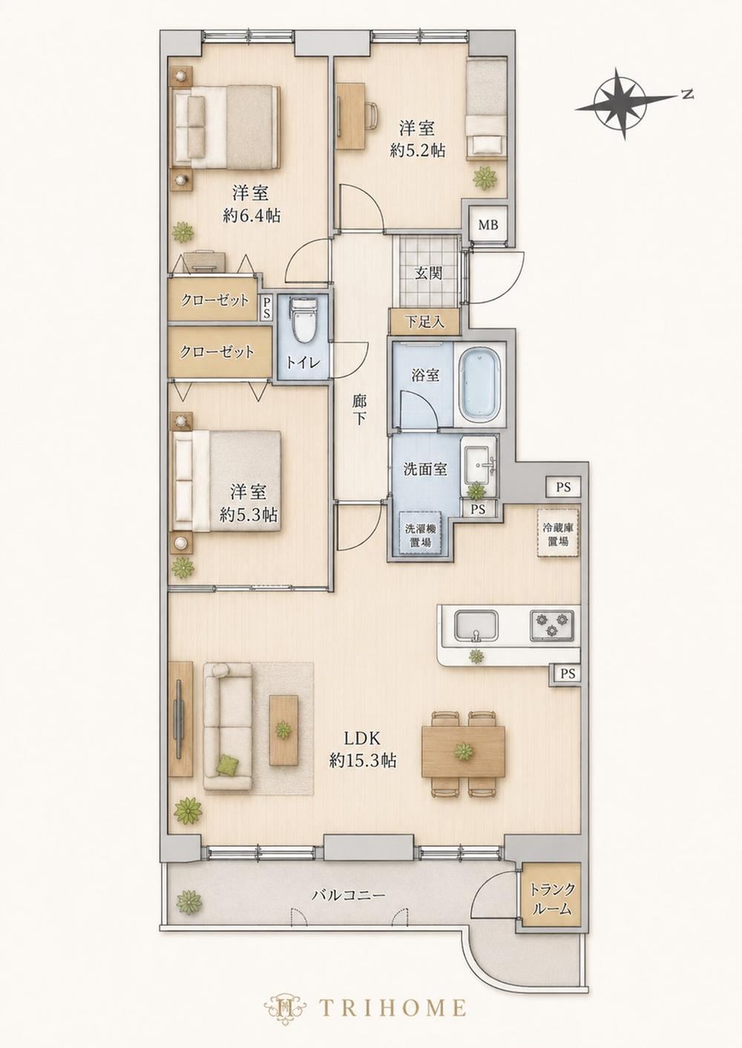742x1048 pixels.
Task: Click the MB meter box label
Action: click(x=488, y=225)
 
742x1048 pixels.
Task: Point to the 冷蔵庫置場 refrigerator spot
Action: click(x=557, y=533)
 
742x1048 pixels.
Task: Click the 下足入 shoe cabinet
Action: click(x=424, y=322)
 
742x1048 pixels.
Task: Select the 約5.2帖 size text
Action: click(x=418, y=151)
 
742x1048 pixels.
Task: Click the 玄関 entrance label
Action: click(x=428, y=273)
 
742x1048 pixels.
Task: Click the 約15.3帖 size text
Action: click(x=363, y=901)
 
